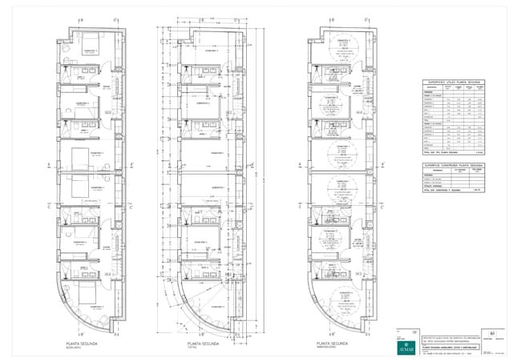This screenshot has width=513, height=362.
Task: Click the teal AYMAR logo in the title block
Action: (x=407, y=348)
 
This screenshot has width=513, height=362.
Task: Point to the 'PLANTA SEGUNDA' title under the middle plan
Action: (x=196, y=344)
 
